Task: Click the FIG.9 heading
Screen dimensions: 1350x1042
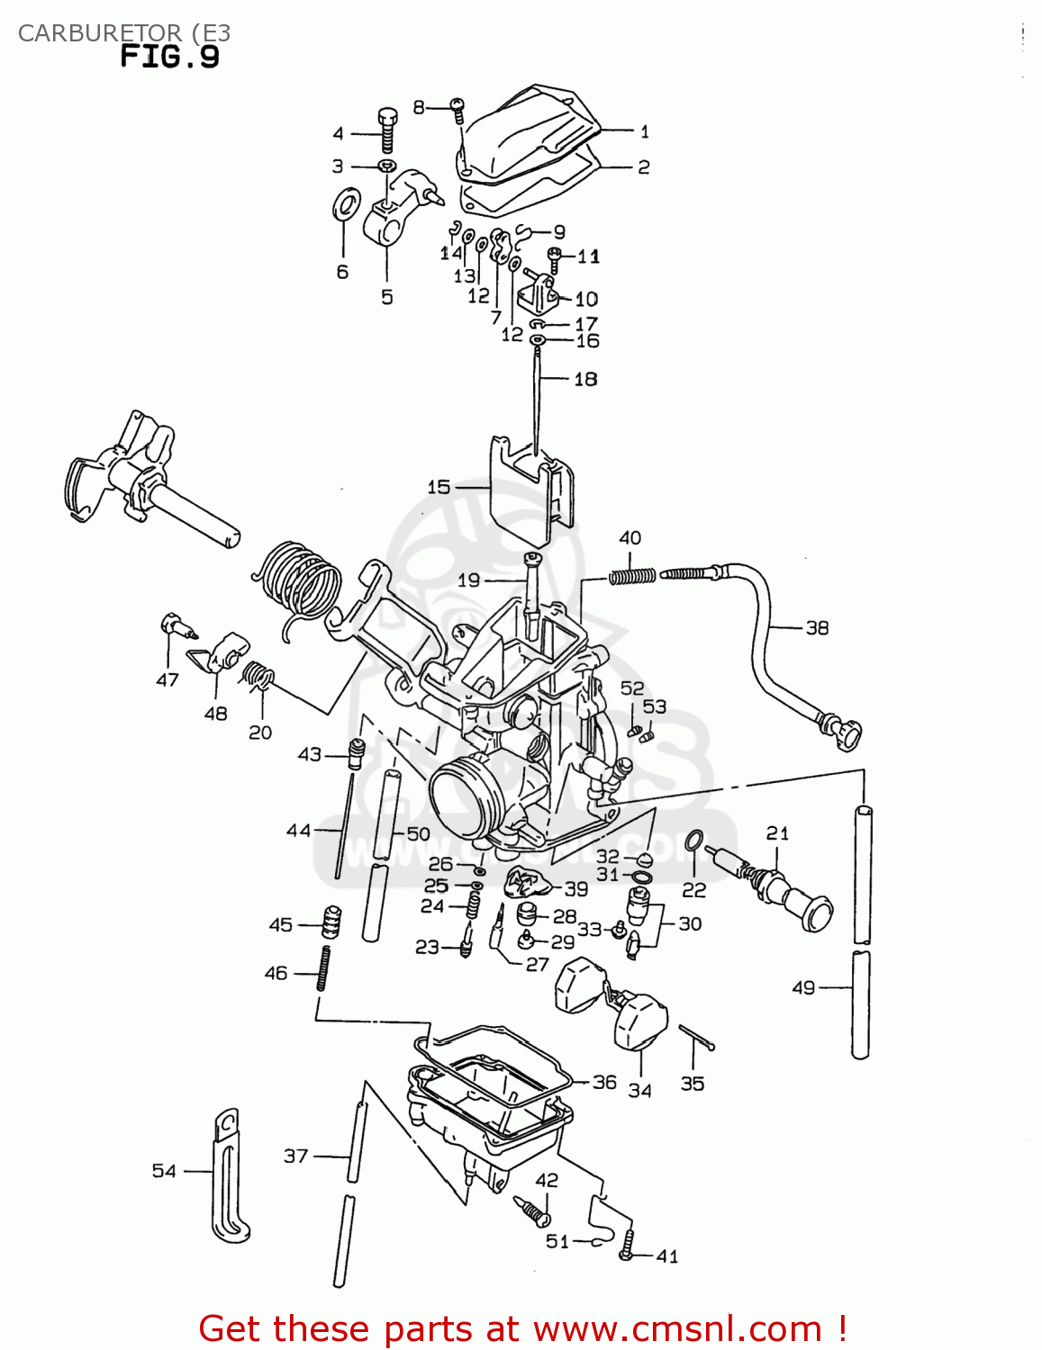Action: [169, 58]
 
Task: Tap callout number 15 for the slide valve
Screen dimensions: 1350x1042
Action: [439, 487]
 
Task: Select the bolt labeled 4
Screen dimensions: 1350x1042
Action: [387, 130]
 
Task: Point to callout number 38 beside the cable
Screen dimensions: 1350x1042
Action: [817, 627]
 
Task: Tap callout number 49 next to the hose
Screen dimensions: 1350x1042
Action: [803, 987]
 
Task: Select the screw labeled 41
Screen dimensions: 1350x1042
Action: [628, 1246]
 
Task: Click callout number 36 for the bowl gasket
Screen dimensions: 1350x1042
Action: [604, 1082]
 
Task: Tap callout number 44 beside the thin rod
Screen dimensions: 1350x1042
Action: [298, 830]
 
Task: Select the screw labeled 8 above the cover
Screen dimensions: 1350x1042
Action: [458, 109]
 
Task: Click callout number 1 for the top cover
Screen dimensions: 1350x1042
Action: [644, 131]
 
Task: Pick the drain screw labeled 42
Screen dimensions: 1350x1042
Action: [533, 1210]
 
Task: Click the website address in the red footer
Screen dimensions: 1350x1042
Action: [677, 1328]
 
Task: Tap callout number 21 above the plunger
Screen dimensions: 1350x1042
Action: [777, 833]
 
